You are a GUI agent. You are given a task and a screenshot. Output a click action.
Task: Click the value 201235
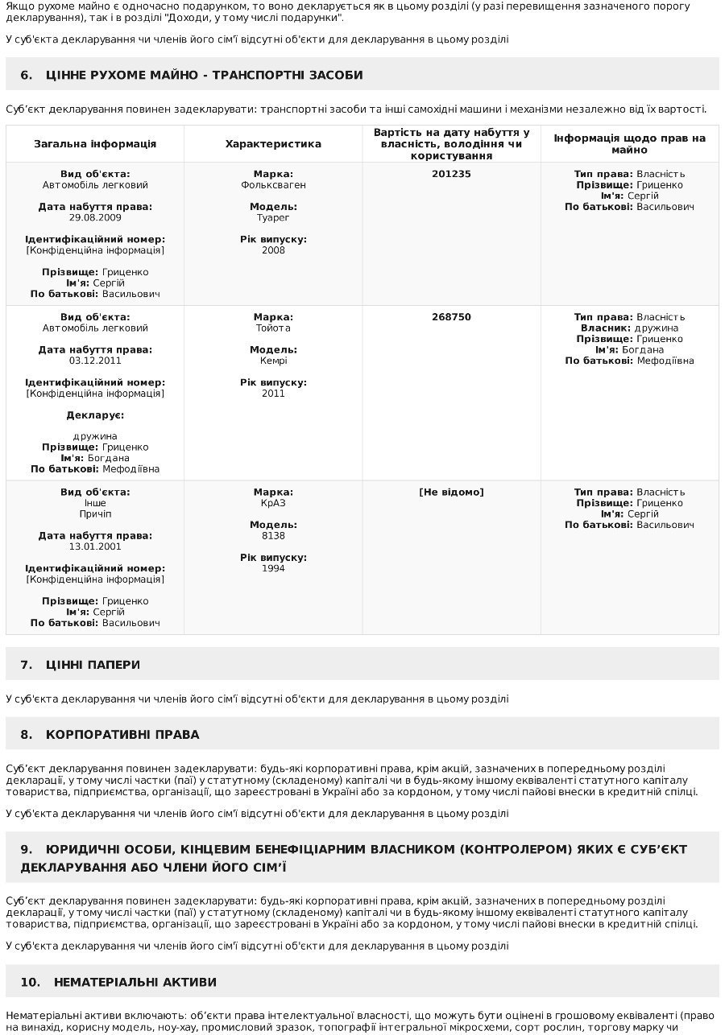point(451,174)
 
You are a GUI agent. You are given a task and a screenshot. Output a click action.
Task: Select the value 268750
point(451,317)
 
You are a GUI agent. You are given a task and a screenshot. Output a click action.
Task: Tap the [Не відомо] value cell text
point(451,493)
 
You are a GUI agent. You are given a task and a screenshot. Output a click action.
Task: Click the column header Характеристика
point(273,144)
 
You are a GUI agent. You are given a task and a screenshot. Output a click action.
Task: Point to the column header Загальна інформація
point(95,144)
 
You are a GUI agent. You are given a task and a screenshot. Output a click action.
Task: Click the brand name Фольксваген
point(273,185)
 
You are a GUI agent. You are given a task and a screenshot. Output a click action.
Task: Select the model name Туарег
point(273,218)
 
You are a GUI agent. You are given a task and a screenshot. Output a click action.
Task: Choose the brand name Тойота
point(273,328)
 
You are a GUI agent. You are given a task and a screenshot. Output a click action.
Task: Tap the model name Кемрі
point(273,361)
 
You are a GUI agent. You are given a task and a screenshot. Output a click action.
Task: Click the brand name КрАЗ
point(273,504)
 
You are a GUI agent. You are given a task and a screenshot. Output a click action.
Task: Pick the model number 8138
point(273,536)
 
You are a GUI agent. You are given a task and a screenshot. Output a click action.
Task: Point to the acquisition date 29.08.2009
point(95,218)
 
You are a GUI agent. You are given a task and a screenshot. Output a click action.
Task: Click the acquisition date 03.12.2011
point(95,361)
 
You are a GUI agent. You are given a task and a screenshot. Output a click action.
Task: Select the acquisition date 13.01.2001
point(95,547)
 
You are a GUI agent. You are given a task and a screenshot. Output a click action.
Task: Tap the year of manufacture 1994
point(273,569)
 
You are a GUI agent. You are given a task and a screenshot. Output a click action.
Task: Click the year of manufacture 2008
point(273,251)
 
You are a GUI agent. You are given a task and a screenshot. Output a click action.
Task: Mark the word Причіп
point(95,514)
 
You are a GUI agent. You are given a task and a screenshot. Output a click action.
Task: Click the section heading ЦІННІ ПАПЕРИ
point(93,665)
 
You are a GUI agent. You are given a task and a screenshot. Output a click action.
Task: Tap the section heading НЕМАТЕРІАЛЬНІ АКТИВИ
point(135,983)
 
